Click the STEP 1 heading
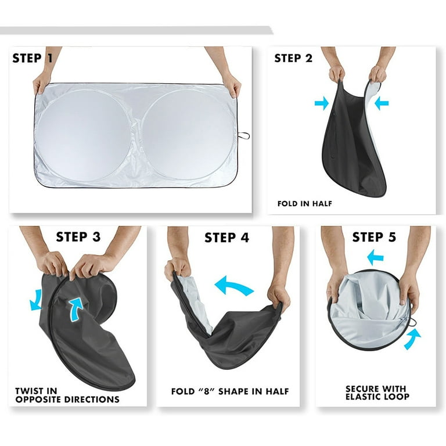click(x=33, y=58)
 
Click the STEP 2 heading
click(x=293, y=58)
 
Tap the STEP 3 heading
click(x=78, y=237)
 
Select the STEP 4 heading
click(x=226, y=238)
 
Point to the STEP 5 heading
click(x=374, y=237)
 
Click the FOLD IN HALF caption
click(x=305, y=204)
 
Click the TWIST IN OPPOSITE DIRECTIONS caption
click(x=67, y=395)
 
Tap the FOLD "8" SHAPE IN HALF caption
click(x=230, y=391)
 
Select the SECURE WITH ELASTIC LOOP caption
click(x=377, y=393)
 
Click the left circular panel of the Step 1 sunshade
click(x=84, y=136)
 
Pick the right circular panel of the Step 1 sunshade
click(x=188, y=135)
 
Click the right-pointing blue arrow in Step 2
click(x=321, y=103)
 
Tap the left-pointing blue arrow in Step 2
click(x=382, y=103)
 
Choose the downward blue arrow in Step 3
click(x=36, y=301)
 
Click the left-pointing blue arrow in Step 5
click(x=375, y=257)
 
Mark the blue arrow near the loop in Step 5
click(x=412, y=339)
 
